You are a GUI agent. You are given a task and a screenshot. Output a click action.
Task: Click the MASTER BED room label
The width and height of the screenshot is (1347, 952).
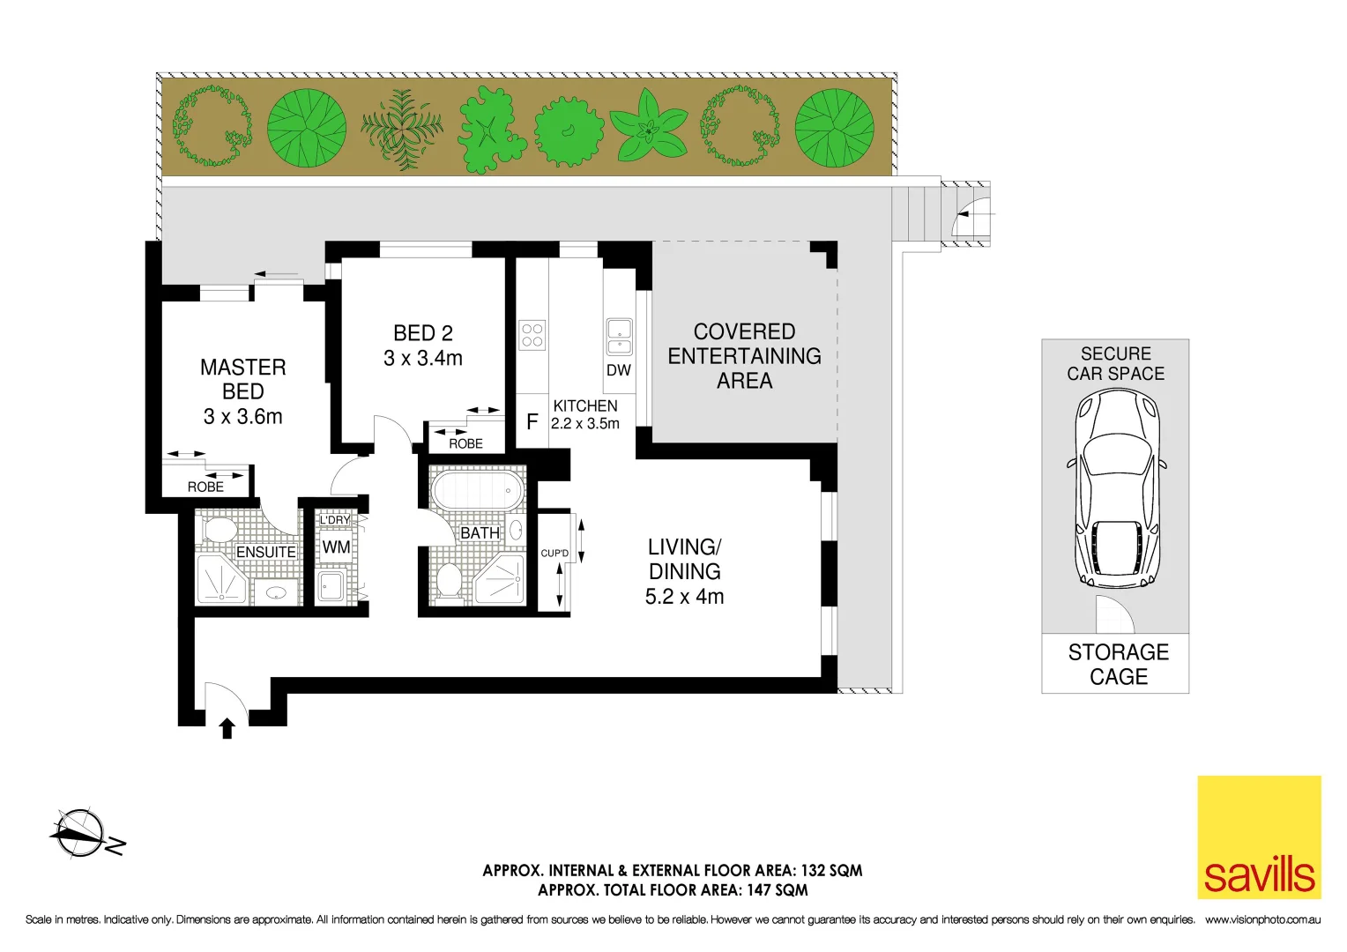click(242, 379)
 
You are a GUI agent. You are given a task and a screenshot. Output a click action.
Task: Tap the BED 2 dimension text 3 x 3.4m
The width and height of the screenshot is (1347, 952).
click(422, 359)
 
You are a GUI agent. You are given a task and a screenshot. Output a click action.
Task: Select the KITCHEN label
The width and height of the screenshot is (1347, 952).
click(585, 405)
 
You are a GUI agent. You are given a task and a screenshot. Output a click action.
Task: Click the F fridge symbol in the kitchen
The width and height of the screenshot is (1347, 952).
click(532, 422)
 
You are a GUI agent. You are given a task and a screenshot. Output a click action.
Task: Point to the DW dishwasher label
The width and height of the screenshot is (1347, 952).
click(619, 370)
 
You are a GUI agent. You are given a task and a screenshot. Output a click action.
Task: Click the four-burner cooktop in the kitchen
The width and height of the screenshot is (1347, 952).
click(532, 335)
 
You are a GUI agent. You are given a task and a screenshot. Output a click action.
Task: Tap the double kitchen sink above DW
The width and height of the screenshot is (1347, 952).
click(619, 336)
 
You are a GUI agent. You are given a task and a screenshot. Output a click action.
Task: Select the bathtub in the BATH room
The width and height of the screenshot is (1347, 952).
click(476, 490)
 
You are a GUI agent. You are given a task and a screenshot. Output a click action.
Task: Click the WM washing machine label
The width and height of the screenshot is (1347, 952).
click(336, 547)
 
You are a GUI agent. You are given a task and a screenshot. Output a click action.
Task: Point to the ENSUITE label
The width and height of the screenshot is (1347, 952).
click(265, 552)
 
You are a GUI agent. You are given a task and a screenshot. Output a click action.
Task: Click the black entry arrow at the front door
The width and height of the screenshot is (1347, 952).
click(227, 728)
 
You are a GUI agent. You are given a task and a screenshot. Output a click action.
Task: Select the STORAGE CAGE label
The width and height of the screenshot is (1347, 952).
click(1118, 665)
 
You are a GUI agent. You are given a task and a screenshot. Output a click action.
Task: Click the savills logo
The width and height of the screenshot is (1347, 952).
click(1259, 837)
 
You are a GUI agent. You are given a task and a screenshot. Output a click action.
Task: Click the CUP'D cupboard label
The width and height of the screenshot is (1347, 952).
click(554, 554)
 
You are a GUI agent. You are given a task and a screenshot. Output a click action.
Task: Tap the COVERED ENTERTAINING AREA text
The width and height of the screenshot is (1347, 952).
click(744, 356)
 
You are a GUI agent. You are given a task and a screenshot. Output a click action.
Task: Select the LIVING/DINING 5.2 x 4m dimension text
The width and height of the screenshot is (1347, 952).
click(684, 597)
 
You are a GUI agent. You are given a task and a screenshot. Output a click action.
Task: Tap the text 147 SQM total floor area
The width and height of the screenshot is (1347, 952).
click(777, 890)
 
